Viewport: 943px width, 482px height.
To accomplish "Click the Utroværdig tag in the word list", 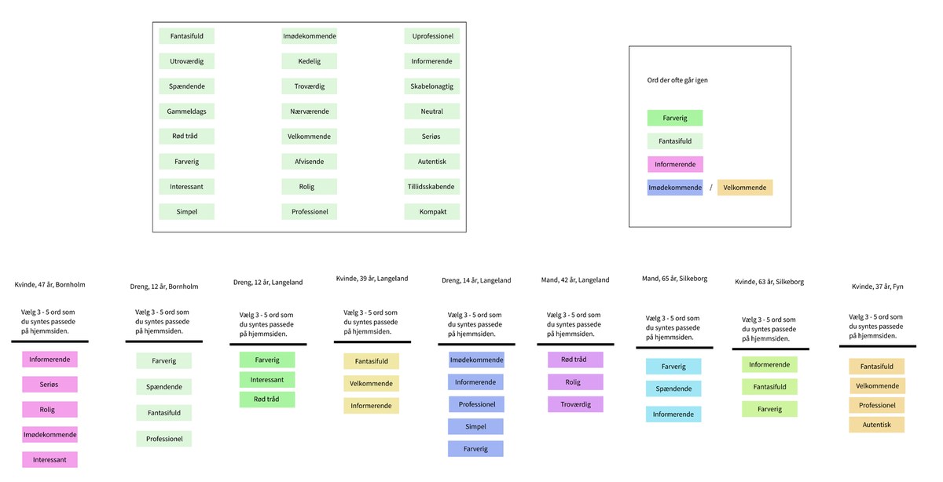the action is click(x=186, y=61).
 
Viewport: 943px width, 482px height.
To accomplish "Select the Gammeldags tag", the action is click(x=186, y=111).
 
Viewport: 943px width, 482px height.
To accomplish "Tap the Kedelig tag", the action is click(x=310, y=61).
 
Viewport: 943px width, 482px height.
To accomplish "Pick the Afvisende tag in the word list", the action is click(x=310, y=162).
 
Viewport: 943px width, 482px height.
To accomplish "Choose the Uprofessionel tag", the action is click(x=432, y=36).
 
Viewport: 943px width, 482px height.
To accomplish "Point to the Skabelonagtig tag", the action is click(x=432, y=86).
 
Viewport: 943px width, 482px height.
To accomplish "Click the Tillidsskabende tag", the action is click(x=432, y=187).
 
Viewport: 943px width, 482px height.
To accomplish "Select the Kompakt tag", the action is click(x=432, y=211).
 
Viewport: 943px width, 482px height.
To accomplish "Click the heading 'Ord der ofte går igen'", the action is click(x=677, y=80).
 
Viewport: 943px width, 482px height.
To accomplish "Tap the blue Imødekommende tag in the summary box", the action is click(x=675, y=188).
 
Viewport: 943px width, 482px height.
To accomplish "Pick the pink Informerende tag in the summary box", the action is click(x=675, y=164).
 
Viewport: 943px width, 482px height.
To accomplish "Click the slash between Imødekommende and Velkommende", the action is click(x=711, y=188).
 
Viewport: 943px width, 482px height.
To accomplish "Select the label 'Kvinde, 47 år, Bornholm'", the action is click(x=50, y=285).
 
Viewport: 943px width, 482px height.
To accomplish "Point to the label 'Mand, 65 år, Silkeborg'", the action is click(x=674, y=279).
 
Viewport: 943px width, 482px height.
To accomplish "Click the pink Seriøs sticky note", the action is click(x=50, y=385).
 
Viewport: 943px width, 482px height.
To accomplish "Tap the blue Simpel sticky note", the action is click(x=475, y=426).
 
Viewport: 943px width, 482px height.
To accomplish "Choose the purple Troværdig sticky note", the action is click(x=575, y=404).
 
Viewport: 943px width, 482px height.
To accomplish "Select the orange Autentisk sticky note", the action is click(x=876, y=425).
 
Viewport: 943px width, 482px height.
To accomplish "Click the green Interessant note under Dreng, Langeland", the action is click(x=267, y=380).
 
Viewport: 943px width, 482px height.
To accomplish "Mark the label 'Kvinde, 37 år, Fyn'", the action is click(x=877, y=287).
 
